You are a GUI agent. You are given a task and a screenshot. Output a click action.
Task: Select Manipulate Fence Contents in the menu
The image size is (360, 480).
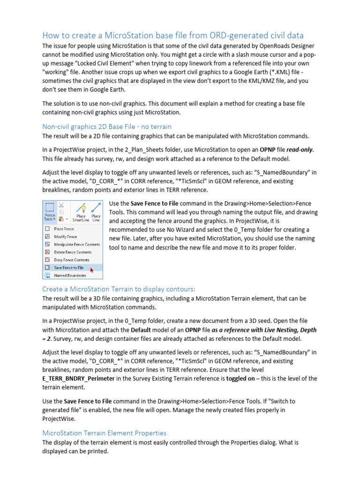[76, 244]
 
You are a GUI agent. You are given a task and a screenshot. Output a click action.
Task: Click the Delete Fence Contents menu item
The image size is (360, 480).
[72, 252]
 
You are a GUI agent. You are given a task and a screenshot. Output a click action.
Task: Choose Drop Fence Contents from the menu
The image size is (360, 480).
[71, 260]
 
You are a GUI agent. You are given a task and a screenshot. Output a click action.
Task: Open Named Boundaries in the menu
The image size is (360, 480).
[70, 276]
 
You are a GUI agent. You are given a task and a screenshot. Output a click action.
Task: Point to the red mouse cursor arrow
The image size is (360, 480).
[91, 270]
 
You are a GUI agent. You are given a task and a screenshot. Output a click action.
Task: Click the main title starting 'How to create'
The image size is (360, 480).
[173, 35]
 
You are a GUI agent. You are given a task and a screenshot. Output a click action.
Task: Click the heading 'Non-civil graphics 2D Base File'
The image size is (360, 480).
[107, 126]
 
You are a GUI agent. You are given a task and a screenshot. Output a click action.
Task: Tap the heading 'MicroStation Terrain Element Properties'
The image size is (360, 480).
[104, 433]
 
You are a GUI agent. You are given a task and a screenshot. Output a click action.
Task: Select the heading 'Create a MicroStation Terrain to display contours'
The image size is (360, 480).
[119, 289]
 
